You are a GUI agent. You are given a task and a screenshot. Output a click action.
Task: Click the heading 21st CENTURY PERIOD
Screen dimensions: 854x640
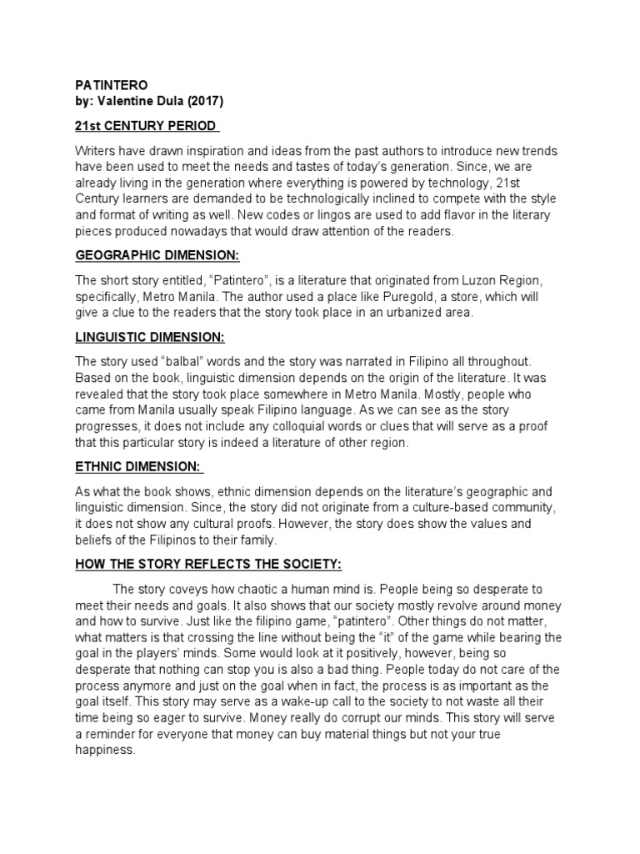(x=147, y=126)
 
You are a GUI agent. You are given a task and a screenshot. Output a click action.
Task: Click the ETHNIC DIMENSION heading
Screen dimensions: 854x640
(x=139, y=467)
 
